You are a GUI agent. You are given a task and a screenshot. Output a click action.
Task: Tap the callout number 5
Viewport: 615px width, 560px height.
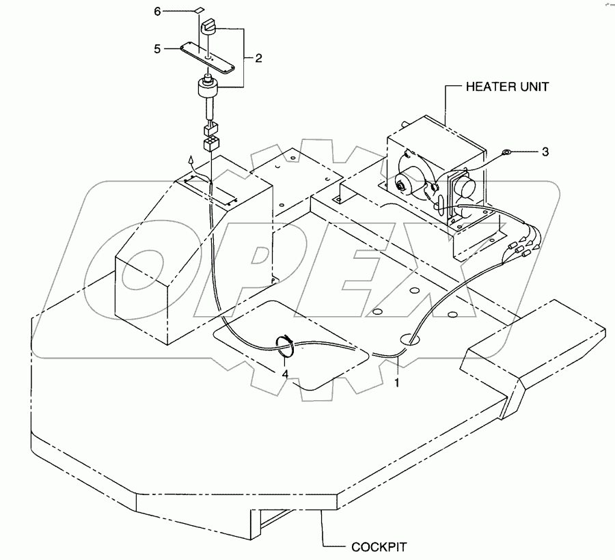click(x=158, y=49)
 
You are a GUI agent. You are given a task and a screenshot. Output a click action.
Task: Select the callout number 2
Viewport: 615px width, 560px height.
click(x=259, y=59)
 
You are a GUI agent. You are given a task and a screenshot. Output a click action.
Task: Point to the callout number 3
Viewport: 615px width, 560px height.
click(x=545, y=152)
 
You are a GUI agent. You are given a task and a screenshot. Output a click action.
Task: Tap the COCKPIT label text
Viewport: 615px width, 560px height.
click(x=379, y=546)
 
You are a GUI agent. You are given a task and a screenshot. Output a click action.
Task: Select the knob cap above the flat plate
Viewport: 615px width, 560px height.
click(x=209, y=27)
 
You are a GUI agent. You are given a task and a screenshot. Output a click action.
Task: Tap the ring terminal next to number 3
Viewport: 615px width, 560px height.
click(x=508, y=152)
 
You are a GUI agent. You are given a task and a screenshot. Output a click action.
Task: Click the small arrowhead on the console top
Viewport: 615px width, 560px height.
click(x=193, y=161)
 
